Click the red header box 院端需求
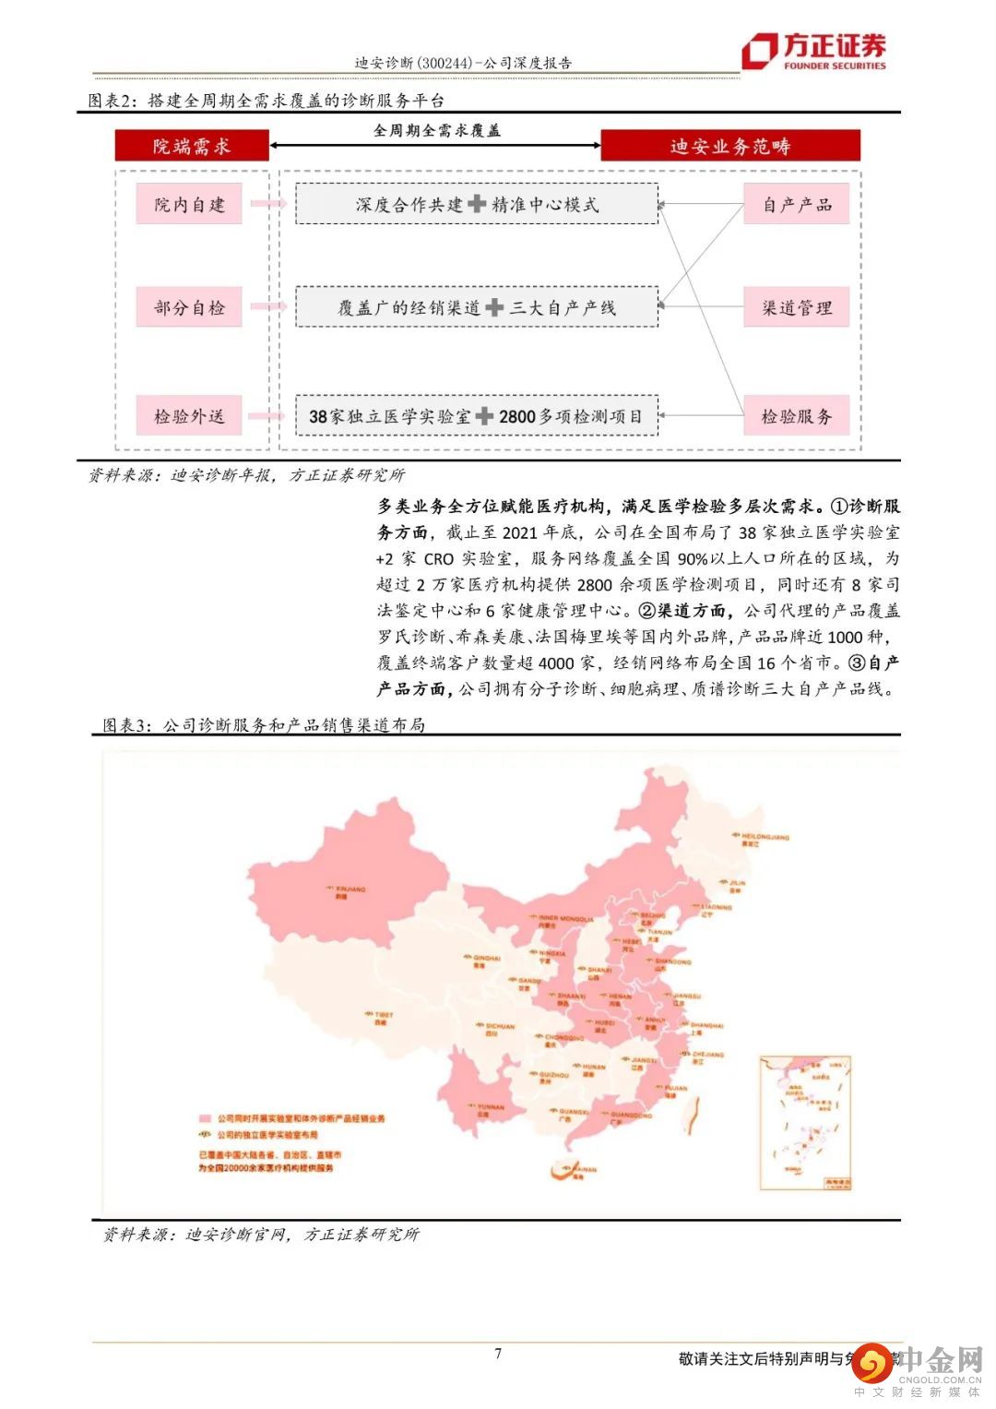192,146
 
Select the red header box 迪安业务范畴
729,146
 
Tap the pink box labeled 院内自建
189,205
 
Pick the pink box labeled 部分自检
189,307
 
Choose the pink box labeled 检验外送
189,416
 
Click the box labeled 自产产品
797,205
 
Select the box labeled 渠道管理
797,307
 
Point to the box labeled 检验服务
797,416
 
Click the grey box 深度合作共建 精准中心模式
477,205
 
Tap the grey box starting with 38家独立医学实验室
477,416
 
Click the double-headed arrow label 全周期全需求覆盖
436,131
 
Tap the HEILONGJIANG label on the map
765,837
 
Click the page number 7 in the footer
498,1354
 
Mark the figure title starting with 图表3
264,725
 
